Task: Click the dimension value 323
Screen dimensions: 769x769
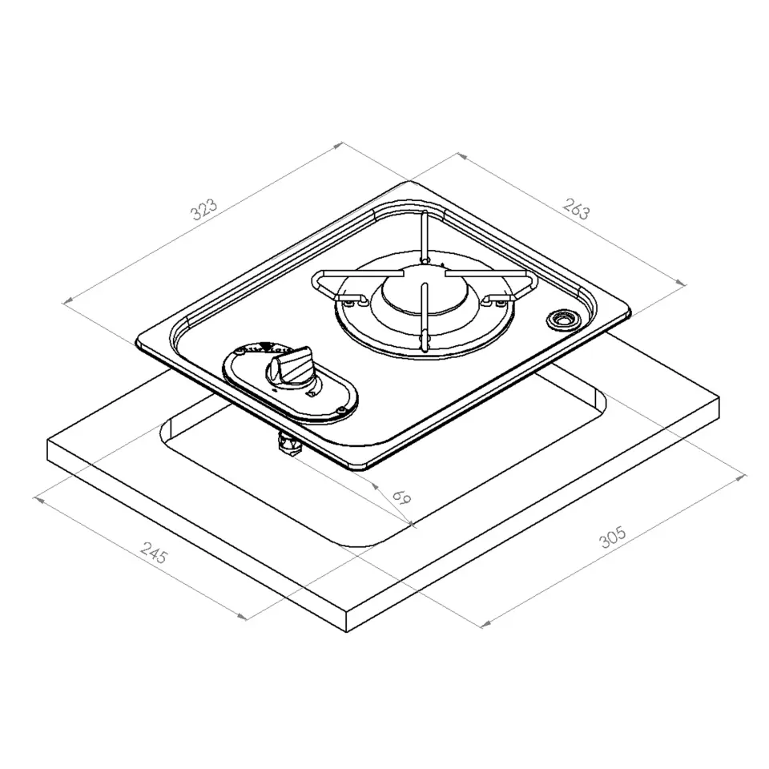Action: [203, 209]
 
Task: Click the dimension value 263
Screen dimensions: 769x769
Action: [576, 209]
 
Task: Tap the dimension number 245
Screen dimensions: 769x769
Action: [154, 553]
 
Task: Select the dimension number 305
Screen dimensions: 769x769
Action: [613, 537]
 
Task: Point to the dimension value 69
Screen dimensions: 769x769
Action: [401, 497]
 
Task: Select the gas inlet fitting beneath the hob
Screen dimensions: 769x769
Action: [288, 442]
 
